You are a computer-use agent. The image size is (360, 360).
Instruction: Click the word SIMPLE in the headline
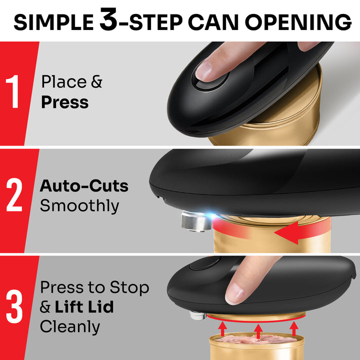[52, 22]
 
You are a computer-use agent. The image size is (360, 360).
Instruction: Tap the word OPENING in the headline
[300, 22]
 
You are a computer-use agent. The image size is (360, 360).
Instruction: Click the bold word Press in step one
[64, 102]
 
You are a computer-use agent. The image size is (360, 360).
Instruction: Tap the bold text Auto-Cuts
[84, 186]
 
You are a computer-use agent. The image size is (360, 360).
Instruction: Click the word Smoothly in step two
[79, 206]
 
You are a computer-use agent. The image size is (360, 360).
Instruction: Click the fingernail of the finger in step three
[233, 296]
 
